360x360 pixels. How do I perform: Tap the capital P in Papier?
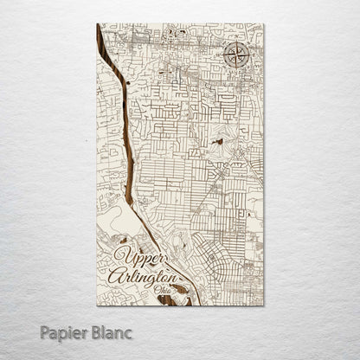tap(46, 332)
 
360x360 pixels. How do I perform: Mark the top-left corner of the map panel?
tap(98, 24)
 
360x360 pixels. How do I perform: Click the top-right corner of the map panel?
tap(263, 24)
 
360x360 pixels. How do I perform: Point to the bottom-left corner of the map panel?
tap(98, 305)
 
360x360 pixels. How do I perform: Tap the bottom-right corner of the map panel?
tap(263, 305)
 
